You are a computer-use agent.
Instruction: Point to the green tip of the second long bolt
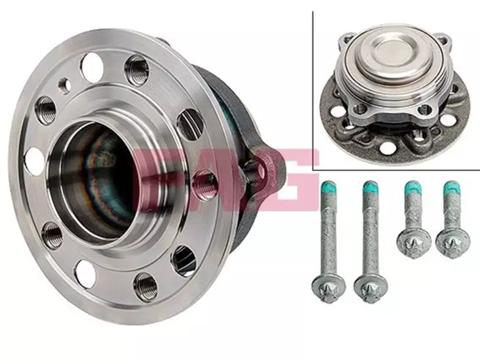[370, 188]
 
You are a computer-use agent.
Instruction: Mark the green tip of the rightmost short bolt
[451, 188]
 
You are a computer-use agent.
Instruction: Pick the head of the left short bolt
[414, 243]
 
